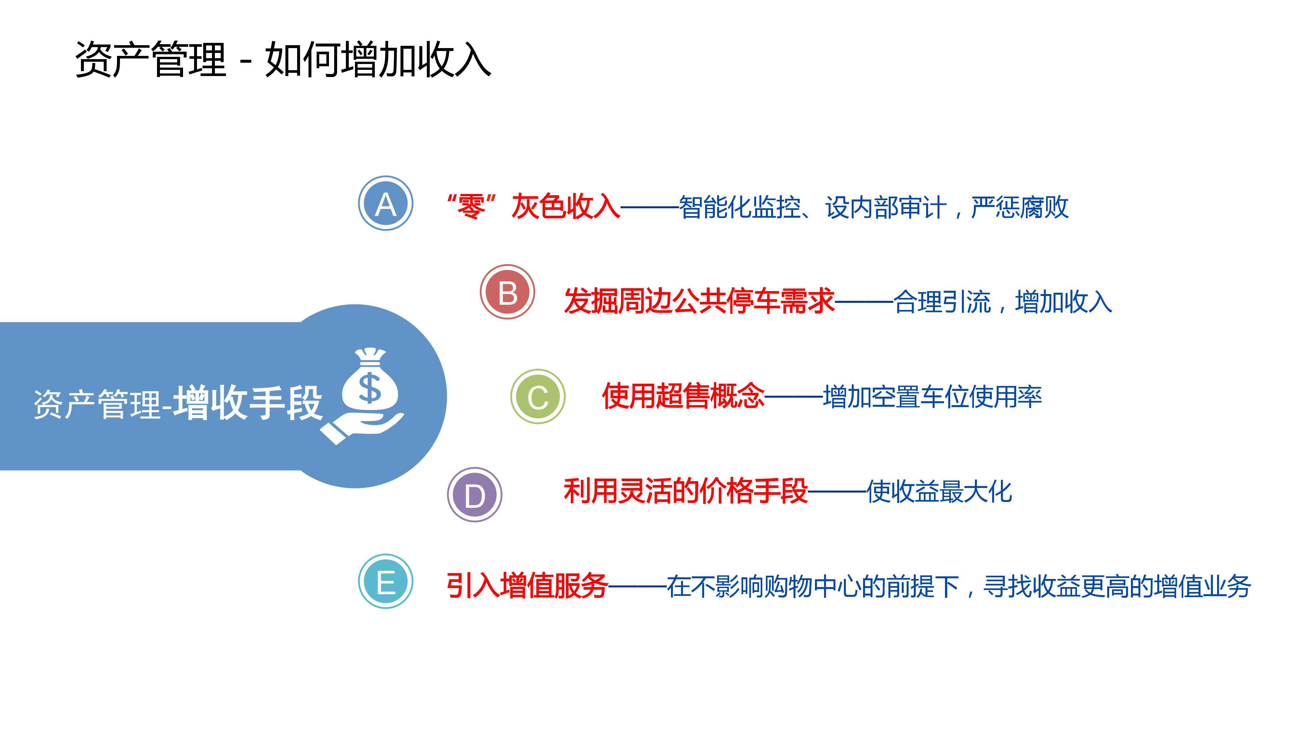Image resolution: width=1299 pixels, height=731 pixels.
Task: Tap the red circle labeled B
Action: point(507,291)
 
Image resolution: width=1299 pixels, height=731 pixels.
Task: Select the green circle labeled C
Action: point(538,396)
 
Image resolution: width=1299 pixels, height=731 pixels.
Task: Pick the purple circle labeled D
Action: point(475,494)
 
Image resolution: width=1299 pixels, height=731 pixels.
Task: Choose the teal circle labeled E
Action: point(386,581)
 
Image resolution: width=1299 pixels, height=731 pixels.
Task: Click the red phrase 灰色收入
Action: point(566,207)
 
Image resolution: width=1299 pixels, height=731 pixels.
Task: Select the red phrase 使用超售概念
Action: point(683,396)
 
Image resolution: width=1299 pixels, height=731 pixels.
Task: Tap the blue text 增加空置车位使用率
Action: point(932,397)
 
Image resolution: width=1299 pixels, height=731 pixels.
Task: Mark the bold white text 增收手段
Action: point(248,403)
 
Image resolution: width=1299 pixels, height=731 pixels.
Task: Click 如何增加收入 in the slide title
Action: point(378,59)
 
